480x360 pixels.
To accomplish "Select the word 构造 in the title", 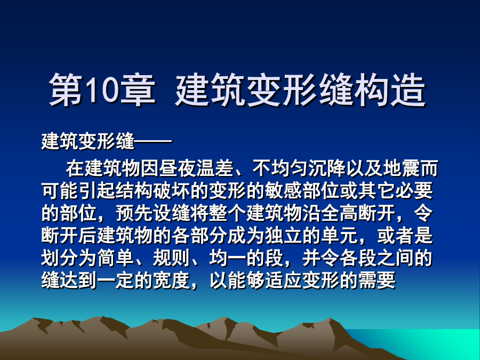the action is point(390,89).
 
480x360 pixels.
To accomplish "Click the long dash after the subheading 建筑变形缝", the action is point(153,142).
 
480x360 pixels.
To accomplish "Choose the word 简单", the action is point(116,258).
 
